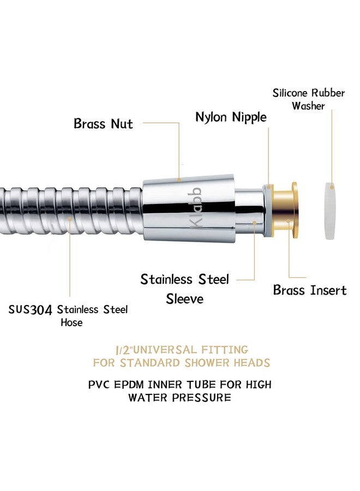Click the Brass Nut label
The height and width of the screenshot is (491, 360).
tap(103, 123)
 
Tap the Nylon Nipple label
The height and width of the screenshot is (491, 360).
tap(231, 117)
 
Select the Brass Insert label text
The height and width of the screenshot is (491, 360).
tap(310, 290)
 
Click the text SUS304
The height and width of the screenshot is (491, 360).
tap(30, 310)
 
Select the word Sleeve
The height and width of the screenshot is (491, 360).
tap(185, 299)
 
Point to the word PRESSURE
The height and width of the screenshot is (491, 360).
tap(202, 398)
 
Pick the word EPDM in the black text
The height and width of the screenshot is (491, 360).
tap(129, 384)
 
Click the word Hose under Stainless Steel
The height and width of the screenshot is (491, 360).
tap(71, 322)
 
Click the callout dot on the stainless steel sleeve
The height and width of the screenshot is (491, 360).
tap(255, 223)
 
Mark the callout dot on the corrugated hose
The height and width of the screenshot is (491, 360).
tap(70, 219)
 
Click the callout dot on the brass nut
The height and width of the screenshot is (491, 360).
tap(179, 179)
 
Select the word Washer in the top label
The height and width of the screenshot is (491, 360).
tap(308, 106)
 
